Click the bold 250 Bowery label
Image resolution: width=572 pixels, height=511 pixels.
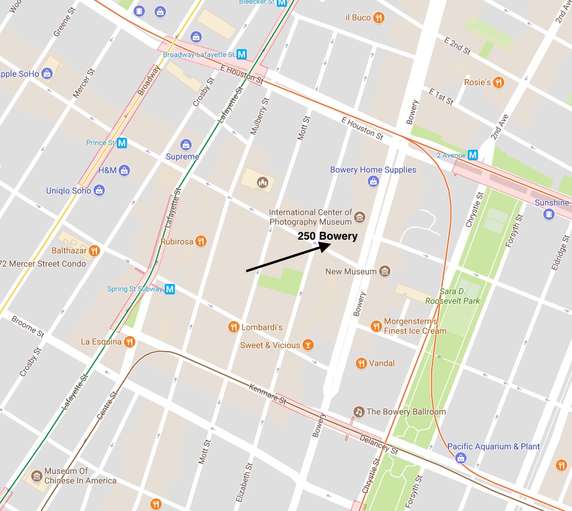328,236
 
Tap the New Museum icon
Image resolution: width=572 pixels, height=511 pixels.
385,271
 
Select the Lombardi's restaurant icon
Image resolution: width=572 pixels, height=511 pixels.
234,326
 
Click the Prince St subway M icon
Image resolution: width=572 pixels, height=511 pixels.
122,143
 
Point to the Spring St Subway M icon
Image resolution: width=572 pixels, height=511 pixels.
170,289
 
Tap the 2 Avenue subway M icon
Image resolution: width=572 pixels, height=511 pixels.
473,155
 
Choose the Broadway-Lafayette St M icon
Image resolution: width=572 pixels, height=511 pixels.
242,55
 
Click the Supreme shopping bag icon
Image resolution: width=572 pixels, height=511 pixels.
186,145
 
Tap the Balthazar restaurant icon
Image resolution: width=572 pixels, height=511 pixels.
94,250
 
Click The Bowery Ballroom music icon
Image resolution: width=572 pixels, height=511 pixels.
359,412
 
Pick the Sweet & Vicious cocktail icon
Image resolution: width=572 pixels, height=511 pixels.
307,345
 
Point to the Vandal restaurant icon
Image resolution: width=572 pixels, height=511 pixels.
361,363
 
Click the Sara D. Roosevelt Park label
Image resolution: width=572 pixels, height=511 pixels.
452,296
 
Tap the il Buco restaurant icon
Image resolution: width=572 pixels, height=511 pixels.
379,17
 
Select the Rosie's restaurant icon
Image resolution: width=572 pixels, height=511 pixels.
498,82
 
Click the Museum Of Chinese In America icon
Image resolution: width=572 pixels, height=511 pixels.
37,476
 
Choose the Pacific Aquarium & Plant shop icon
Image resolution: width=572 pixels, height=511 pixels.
461,458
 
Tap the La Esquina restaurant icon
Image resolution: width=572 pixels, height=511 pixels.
129,342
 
